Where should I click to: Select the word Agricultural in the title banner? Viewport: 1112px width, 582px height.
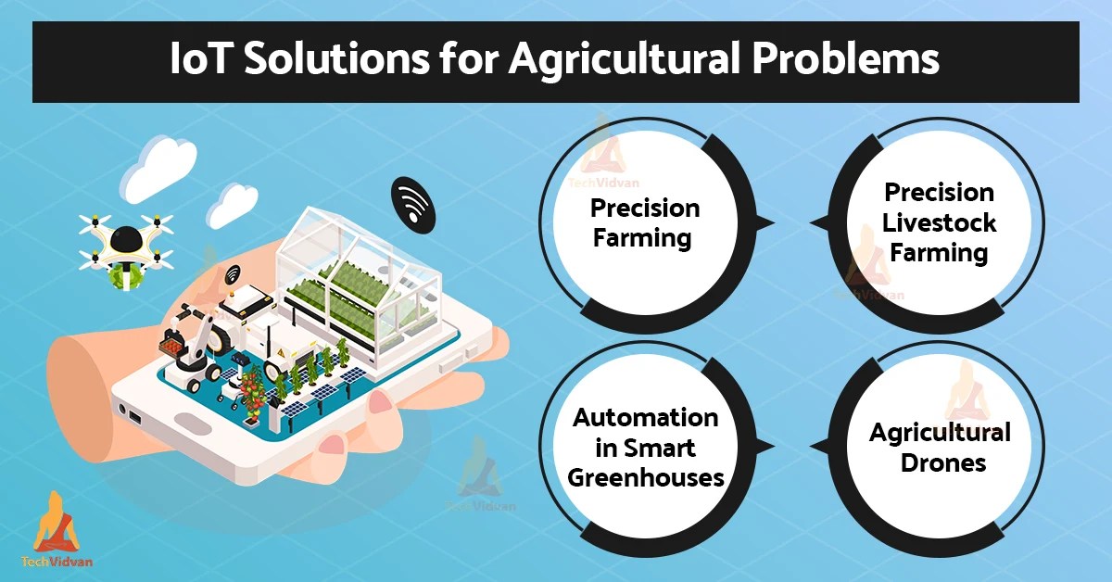(x=629, y=60)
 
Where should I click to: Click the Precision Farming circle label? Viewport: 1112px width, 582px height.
(x=645, y=222)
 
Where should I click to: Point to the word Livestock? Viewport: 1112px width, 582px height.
(x=939, y=222)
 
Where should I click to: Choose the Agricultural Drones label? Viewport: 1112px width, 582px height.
(x=940, y=447)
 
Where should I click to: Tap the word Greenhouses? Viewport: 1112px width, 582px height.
(x=645, y=477)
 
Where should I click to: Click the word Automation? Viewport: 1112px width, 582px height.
(x=645, y=417)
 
